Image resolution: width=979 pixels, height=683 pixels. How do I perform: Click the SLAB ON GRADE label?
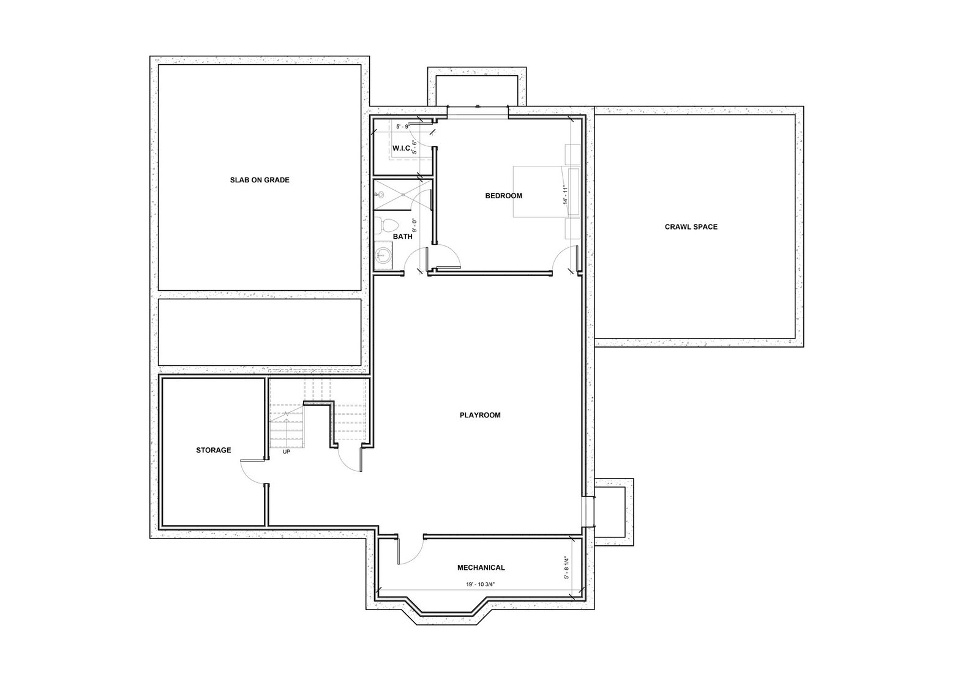[x=260, y=180]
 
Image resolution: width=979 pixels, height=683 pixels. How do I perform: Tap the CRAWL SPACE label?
[x=691, y=227]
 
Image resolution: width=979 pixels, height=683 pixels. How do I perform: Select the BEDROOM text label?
[x=503, y=196]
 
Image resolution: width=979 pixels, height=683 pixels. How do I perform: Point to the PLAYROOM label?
[x=480, y=415]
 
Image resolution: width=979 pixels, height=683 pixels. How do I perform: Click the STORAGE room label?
[x=213, y=450]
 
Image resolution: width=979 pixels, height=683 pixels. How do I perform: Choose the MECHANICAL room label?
[x=481, y=568]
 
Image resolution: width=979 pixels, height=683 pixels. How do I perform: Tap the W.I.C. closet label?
[x=402, y=148]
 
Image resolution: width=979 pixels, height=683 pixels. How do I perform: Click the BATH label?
[x=402, y=236]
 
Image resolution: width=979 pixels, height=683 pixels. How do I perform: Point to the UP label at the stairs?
[x=287, y=452]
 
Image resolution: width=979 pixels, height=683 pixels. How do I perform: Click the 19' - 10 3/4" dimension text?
[x=481, y=584]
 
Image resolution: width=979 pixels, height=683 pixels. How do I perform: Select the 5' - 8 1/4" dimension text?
[x=567, y=568]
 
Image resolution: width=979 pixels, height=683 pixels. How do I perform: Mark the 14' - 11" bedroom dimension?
[x=566, y=195]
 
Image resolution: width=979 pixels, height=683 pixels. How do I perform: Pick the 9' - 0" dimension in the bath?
[x=414, y=225]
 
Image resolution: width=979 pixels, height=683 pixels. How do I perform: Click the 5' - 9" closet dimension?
[x=402, y=126]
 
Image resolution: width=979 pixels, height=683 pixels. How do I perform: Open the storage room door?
[x=252, y=472]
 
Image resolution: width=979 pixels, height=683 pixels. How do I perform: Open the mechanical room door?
[x=411, y=550]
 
